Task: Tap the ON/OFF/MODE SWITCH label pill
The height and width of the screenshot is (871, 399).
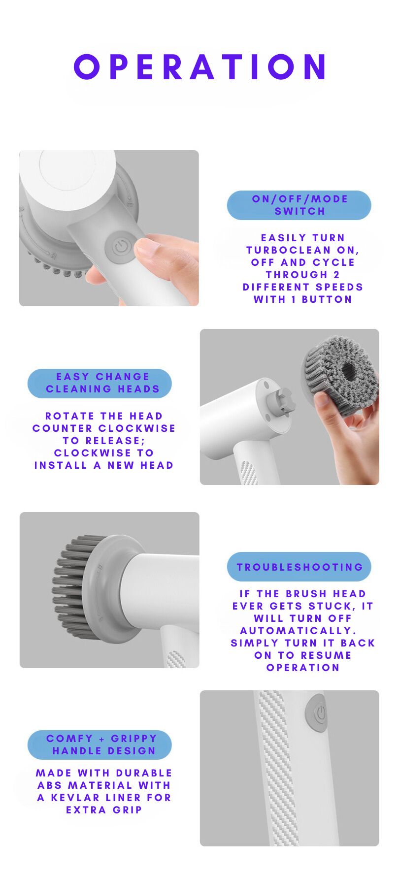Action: tap(299, 205)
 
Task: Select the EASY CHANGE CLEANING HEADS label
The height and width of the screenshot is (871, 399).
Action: tap(100, 383)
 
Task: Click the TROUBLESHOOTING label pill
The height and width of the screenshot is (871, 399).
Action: tap(299, 567)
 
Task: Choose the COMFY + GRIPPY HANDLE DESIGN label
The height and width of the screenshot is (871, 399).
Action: tap(100, 744)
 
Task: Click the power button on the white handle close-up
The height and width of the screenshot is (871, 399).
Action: tap(316, 713)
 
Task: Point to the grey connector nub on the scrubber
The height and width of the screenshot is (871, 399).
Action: tap(282, 401)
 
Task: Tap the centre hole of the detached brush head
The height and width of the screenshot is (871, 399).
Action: tap(348, 369)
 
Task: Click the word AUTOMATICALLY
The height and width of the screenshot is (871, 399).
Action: tap(298, 631)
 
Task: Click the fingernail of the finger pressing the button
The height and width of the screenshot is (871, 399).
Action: tap(148, 247)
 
